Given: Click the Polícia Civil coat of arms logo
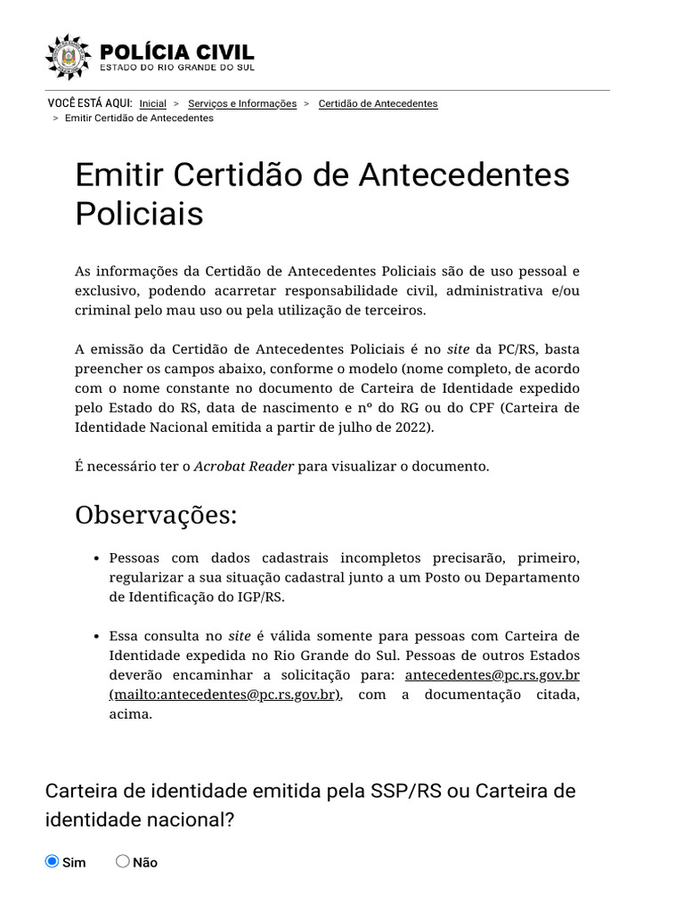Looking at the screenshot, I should pyautogui.click(x=68, y=57).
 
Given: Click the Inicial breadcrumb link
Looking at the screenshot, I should pyautogui.click(x=153, y=103).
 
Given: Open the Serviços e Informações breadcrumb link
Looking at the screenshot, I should pyautogui.click(x=242, y=103).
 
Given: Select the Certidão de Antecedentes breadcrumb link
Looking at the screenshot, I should pyautogui.click(x=378, y=103).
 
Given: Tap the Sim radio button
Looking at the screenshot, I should pyautogui.click(x=52, y=861).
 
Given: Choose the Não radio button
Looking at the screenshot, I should pyautogui.click(x=123, y=861).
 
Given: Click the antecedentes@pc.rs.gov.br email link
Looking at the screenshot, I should pyautogui.click(x=492, y=675).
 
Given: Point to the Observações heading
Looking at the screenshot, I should pyautogui.click(x=157, y=515).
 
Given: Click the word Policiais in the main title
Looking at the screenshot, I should pyautogui.click(x=139, y=213).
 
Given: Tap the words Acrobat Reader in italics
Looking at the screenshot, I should pyautogui.click(x=244, y=467).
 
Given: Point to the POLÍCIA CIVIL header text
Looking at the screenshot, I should pyautogui.click(x=177, y=53).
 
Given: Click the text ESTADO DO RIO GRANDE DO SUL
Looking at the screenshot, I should pyautogui.click(x=176, y=68).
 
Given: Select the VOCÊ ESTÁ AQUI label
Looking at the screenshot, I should pyautogui.click(x=90, y=103).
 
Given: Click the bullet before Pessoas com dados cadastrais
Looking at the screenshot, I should pyautogui.click(x=95, y=558).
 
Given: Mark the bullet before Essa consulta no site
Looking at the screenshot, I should pyautogui.click(x=95, y=637).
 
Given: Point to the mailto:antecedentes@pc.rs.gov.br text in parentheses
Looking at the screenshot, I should pyautogui.click(x=225, y=695).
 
